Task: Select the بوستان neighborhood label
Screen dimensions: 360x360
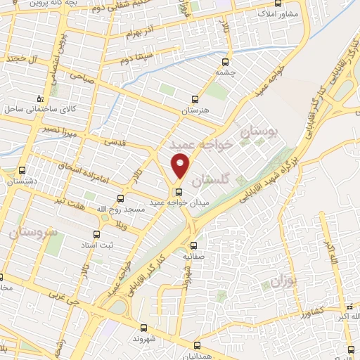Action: point(259,131)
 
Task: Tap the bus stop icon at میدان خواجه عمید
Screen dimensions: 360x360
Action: point(179,191)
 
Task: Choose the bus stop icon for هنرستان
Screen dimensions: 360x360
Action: point(195,99)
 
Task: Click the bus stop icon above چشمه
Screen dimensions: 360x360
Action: point(224,60)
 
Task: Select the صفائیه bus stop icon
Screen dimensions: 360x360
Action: point(193,245)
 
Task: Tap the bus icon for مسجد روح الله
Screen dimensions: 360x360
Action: point(120,198)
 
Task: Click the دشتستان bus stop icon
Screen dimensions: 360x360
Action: point(22,170)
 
